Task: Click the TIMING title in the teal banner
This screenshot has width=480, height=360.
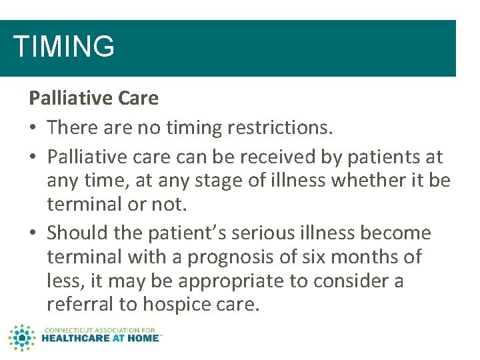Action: [x=64, y=47]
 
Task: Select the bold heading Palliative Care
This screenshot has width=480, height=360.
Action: [x=93, y=99]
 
